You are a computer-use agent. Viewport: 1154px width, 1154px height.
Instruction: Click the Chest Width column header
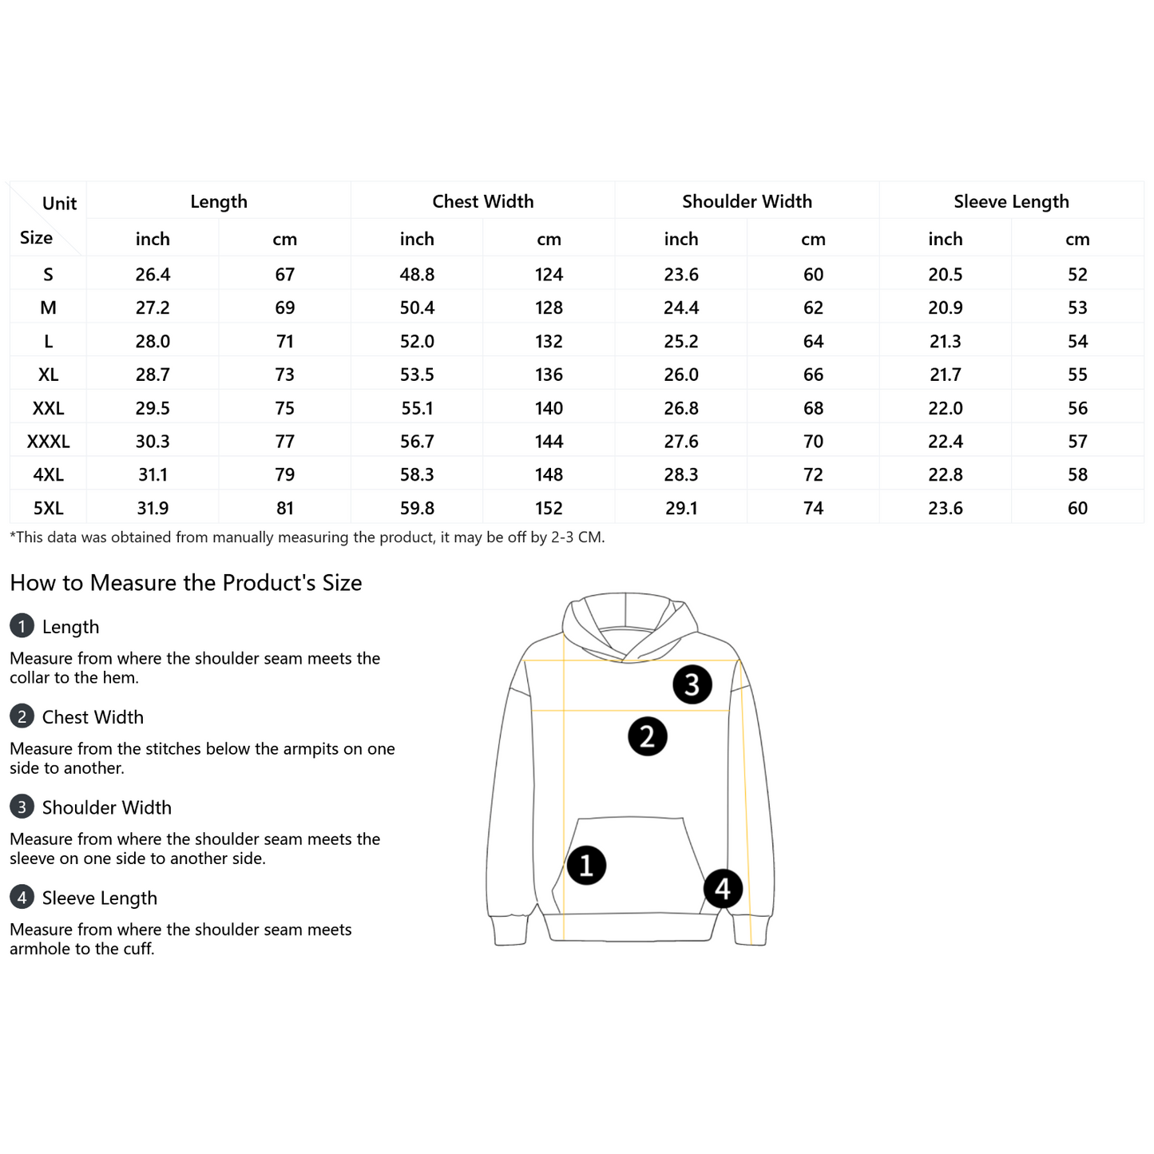[x=482, y=201]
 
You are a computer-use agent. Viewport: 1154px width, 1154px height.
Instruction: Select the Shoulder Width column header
[x=747, y=201]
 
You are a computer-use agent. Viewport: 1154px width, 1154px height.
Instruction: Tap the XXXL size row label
[x=48, y=442]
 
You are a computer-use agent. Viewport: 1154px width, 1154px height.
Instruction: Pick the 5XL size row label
[x=48, y=508]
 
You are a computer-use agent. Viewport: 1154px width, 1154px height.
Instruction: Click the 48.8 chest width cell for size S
[x=417, y=275]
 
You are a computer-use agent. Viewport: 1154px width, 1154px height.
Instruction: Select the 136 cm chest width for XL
[x=549, y=375]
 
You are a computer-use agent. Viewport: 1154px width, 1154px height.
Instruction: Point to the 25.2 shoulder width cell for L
[x=681, y=342]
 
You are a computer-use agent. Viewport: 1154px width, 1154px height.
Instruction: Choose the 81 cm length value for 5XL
[x=285, y=508]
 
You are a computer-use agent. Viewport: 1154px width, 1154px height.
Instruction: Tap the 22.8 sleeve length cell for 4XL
[x=946, y=475]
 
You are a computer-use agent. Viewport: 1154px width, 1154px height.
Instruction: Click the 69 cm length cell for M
[x=285, y=308]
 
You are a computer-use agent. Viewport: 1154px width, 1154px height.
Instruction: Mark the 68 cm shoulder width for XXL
[x=813, y=408]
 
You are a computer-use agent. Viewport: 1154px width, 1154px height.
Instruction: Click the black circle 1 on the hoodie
[x=586, y=865]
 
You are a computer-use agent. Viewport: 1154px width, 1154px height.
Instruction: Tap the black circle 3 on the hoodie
[x=692, y=684]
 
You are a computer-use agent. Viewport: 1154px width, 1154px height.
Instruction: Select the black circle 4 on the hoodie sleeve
[x=723, y=888]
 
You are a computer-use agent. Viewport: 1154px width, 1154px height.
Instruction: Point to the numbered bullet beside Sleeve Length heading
[x=22, y=898]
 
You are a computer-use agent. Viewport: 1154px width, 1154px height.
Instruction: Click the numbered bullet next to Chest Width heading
[x=22, y=716]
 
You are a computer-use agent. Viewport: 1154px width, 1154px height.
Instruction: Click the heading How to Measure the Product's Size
[x=186, y=583]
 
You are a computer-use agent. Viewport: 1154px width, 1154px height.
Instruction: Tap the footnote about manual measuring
[x=307, y=537]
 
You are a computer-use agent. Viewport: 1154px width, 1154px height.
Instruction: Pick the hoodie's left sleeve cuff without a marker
[x=510, y=931]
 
